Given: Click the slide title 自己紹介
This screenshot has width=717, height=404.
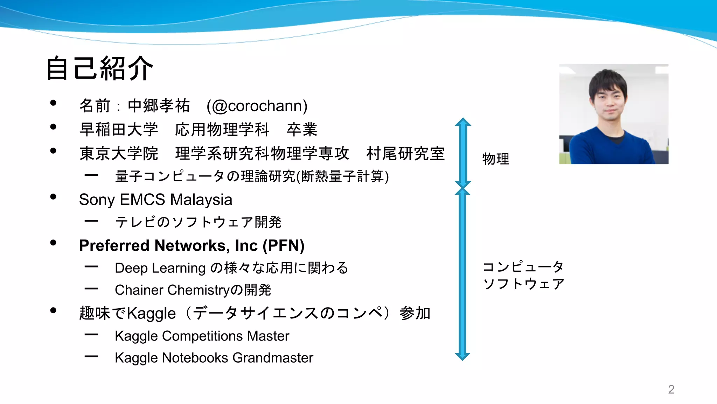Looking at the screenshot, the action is (x=100, y=68).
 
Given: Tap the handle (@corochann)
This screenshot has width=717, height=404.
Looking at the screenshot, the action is (x=257, y=106).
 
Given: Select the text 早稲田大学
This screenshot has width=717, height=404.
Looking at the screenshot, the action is (x=119, y=130).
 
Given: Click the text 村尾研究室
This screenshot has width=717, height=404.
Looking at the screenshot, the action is (x=405, y=154).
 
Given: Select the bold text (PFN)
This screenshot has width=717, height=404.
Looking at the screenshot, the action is (x=283, y=245).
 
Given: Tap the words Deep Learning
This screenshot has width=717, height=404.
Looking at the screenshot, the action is (x=160, y=268).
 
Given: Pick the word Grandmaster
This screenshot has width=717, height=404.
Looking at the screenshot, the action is (x=273, y=358).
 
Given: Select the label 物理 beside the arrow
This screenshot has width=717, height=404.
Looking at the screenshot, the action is (x=496, y=159).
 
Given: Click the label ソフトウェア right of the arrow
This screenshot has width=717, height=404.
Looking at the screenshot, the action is (x=524, y=284).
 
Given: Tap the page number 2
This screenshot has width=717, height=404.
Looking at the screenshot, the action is (x=671, y=389).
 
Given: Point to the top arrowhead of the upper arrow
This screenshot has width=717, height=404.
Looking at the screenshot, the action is (x=463, y=121).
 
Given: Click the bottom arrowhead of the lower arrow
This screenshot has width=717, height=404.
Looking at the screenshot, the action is (x=462, y=357).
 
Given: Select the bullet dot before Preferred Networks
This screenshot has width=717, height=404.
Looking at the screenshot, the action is (x=53, y=243).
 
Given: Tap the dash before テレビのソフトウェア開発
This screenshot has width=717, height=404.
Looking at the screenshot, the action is (x=91, y=221).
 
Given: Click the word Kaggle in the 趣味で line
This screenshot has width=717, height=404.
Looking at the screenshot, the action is (x=151, y=313).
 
